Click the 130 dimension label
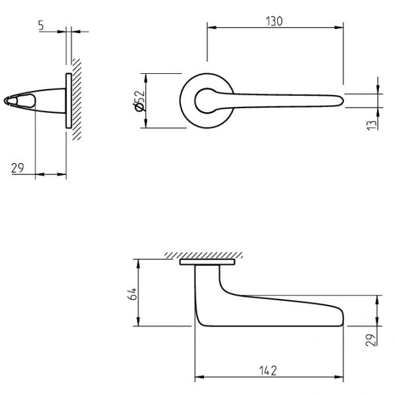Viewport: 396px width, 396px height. (274, 21)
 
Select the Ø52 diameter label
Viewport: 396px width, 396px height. (140, 100)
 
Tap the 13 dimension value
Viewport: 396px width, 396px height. (371, 125)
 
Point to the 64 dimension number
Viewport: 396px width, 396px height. (133, 294)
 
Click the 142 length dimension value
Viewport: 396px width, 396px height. (268, 371)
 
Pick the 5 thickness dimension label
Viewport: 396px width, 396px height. (41, 26)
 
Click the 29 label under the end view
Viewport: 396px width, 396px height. (17, 168)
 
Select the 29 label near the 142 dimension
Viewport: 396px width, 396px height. (371, 340)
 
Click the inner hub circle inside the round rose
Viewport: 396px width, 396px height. (207, 101)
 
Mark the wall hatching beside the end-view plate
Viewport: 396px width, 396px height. (77, 99)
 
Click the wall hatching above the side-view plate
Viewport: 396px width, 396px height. (204, 255)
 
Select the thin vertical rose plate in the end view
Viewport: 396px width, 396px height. (69, 101)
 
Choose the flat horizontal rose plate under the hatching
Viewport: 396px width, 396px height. (207, 262)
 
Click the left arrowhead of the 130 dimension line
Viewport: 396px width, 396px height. (211, 27)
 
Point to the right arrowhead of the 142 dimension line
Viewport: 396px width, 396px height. (339, 377)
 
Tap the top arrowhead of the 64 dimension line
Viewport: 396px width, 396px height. (138, 263)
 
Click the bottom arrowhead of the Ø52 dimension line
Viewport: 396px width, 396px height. (145, 124)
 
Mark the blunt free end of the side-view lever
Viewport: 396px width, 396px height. (343, 317)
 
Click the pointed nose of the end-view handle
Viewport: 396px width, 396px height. (5, 101)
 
